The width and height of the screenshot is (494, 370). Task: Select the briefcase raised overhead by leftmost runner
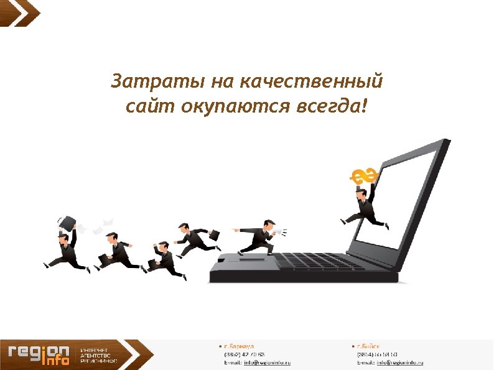[x=67, y=222]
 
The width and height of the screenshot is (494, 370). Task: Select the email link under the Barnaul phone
[x=267, y=362]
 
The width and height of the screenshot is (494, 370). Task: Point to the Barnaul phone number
[x=245, y=354]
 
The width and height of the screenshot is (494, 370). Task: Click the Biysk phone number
[x=377, y=354]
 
